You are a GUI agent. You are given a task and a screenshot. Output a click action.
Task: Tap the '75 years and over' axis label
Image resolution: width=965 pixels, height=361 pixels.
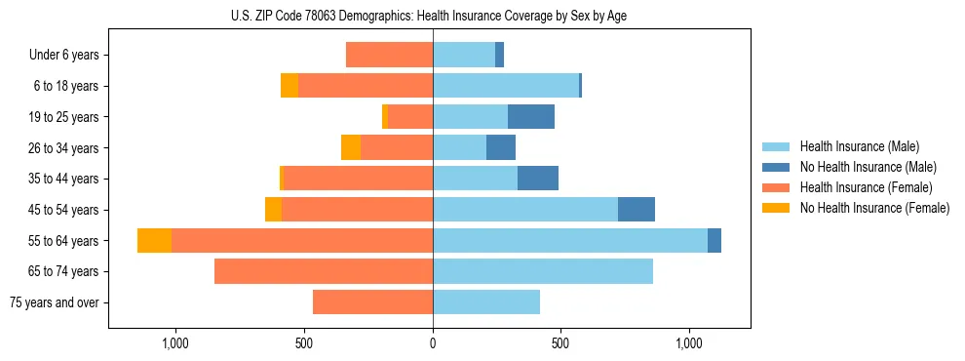click(55, 302)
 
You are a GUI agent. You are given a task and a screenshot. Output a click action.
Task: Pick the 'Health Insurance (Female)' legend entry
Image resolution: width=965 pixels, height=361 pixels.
click(866, 187)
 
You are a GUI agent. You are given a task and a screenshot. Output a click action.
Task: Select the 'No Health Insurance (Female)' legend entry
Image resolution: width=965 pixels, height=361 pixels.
click(874, 208)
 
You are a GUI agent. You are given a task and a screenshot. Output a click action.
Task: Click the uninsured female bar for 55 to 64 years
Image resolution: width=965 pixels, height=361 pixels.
click(154, 240)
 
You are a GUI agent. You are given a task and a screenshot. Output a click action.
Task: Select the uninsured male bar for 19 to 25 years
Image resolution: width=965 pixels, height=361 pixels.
click(531, 117)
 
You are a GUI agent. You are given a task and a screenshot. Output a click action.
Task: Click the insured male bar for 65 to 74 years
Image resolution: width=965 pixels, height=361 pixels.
click(543, 271)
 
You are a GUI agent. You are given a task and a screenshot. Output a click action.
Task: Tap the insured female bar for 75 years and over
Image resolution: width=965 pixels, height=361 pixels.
click(372, 302)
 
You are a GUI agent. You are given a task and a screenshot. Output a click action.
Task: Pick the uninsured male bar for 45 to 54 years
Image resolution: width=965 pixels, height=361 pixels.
click(637, 210)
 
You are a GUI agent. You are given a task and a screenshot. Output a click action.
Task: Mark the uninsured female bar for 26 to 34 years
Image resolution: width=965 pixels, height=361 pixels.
click(351, 147)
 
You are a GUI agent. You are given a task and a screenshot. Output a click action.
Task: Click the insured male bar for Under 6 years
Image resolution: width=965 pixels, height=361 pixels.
click(464, 55)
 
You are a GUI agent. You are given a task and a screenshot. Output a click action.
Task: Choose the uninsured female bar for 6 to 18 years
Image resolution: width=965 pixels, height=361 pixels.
click(289, 86)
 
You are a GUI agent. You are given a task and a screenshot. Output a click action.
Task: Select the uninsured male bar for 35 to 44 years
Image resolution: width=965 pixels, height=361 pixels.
click(538, 179)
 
